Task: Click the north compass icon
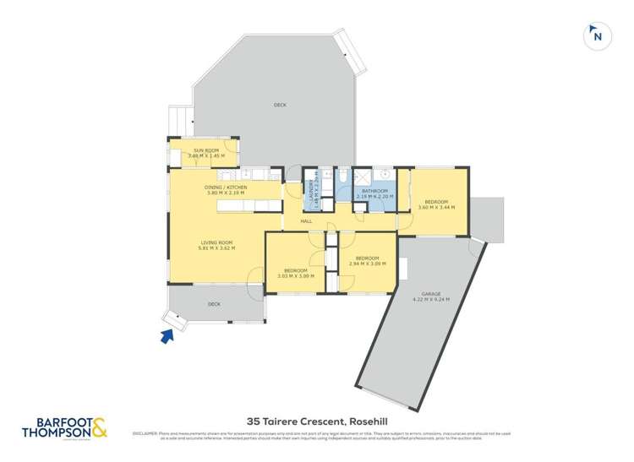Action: click(x=597, y=35)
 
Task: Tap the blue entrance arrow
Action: click(x=167, y=337)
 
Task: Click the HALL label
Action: click(x=307, y=221)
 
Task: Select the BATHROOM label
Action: click(x=374, y=191)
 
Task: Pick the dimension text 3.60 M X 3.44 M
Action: click(x=436, y=207)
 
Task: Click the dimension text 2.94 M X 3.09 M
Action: click(x=367, y=264)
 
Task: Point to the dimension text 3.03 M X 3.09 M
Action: click(x=296, y=275)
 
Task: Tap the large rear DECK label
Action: click(x=280, y=105)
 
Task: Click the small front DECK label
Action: click(x=215, y=303)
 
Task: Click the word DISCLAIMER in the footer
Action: click(x=145, y=433)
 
